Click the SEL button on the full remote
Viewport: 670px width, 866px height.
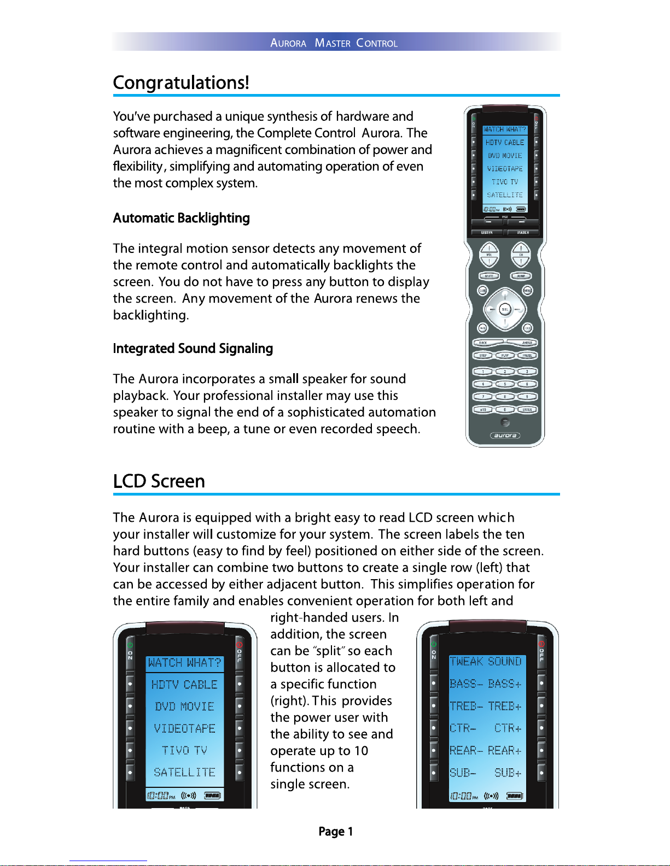coord(505,309)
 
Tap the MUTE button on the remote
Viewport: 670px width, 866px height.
coord(489,276)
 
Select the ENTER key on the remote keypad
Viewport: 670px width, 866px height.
coord(527,410)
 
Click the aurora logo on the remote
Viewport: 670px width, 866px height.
coord(505,435)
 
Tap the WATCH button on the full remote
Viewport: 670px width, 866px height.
coord(523,233)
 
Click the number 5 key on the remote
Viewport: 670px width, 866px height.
coord(505,384)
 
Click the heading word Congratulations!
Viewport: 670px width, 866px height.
coord(181,83)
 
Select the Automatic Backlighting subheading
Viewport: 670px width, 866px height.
coord(181,218)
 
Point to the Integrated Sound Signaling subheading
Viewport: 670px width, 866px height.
coord(193,349)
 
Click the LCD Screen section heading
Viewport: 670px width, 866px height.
coord(159,481)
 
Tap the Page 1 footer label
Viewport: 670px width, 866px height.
coord(335,832)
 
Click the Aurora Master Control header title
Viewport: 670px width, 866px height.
coord(334,43)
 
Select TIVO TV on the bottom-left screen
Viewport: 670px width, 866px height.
coord(184,750)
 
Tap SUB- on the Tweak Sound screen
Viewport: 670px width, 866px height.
coord(463,773)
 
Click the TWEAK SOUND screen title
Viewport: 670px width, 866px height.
coord(486,662)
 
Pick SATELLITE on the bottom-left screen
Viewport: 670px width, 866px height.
coord(184,773)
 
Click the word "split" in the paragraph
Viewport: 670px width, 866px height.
coord(329,651)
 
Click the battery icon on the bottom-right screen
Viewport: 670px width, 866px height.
coord(514,796)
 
